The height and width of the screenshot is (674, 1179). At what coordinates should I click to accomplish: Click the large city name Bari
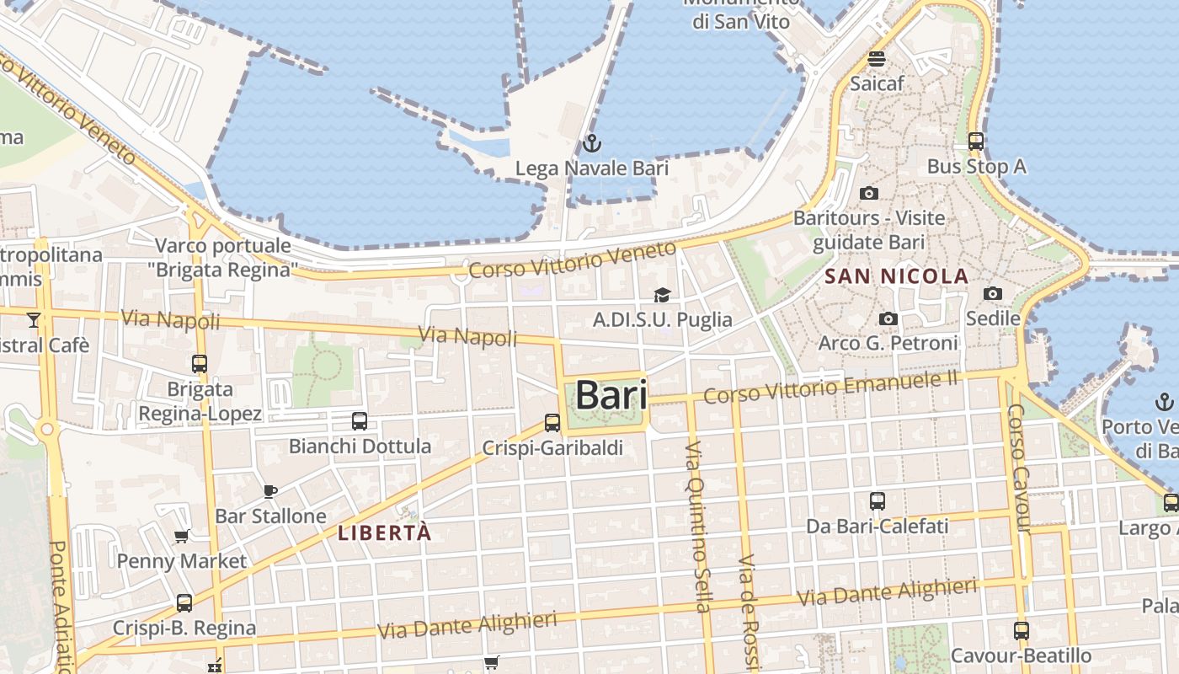611,395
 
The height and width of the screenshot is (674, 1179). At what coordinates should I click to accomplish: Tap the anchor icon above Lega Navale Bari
592,143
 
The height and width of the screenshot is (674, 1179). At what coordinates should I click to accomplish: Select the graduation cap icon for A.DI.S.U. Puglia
662,295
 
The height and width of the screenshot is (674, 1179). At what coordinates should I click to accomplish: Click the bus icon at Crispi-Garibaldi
552,422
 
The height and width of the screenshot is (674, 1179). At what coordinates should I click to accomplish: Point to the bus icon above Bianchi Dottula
360,420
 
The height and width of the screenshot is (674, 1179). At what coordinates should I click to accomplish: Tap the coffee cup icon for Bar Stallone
270,491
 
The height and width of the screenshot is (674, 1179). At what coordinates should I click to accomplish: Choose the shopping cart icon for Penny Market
182,536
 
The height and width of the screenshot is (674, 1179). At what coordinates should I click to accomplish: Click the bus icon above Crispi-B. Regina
184,602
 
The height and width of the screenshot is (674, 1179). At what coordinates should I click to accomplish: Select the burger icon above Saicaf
877,59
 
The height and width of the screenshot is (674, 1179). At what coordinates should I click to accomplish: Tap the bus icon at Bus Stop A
976,141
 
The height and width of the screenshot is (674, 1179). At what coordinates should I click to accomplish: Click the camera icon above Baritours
869,193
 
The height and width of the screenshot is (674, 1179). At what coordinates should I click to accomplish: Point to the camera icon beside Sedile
993,293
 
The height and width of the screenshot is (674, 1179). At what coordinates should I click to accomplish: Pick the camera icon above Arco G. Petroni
888,318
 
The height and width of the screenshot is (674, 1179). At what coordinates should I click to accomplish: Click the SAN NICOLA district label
897,275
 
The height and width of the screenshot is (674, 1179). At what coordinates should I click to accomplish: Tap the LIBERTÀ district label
384,532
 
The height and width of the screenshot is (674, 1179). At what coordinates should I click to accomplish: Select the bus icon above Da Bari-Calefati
878,501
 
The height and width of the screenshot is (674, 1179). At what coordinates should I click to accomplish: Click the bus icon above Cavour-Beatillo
1022,630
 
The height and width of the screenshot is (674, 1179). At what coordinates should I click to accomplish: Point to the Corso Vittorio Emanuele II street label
831,388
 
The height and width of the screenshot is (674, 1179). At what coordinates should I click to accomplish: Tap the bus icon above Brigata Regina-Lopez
200,364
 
